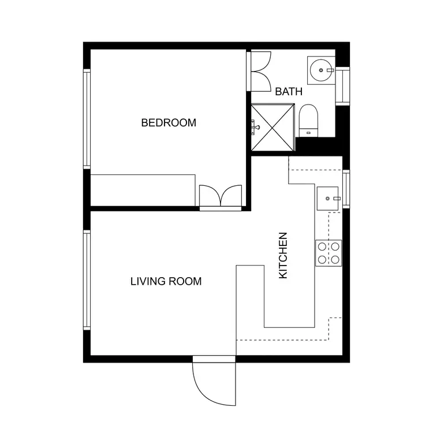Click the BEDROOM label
pyautogui.click(x=169, y=122)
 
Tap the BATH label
pyautogui.click(x=289, y=91)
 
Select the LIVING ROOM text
pyautogui.click(x=166, y=282)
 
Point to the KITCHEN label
pyautogui.click(x=283, y=256)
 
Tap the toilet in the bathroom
pyautogui.click(x=308, y=120)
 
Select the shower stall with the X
pyautogui.click(x=273, y=127)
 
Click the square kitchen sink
pyautogui.click(x=329, y=198)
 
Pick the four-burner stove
pyautogui.click(x=328, y=253)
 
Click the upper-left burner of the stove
pyautogui.click(x=322, y=247)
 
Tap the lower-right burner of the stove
pyautogui.click(x=334, y=259)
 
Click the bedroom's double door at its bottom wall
pyautogui.click(x=220, y=196)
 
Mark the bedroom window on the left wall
pyautogui.click(x=87, y=118)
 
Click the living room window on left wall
pyautogui.click(x=87, y=280)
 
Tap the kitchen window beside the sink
pyautogui.click(x=346, y=191)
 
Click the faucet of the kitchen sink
pyautogui.click(x=337, y=198)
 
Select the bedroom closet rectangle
pyautogui.click(x=143, y=189)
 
